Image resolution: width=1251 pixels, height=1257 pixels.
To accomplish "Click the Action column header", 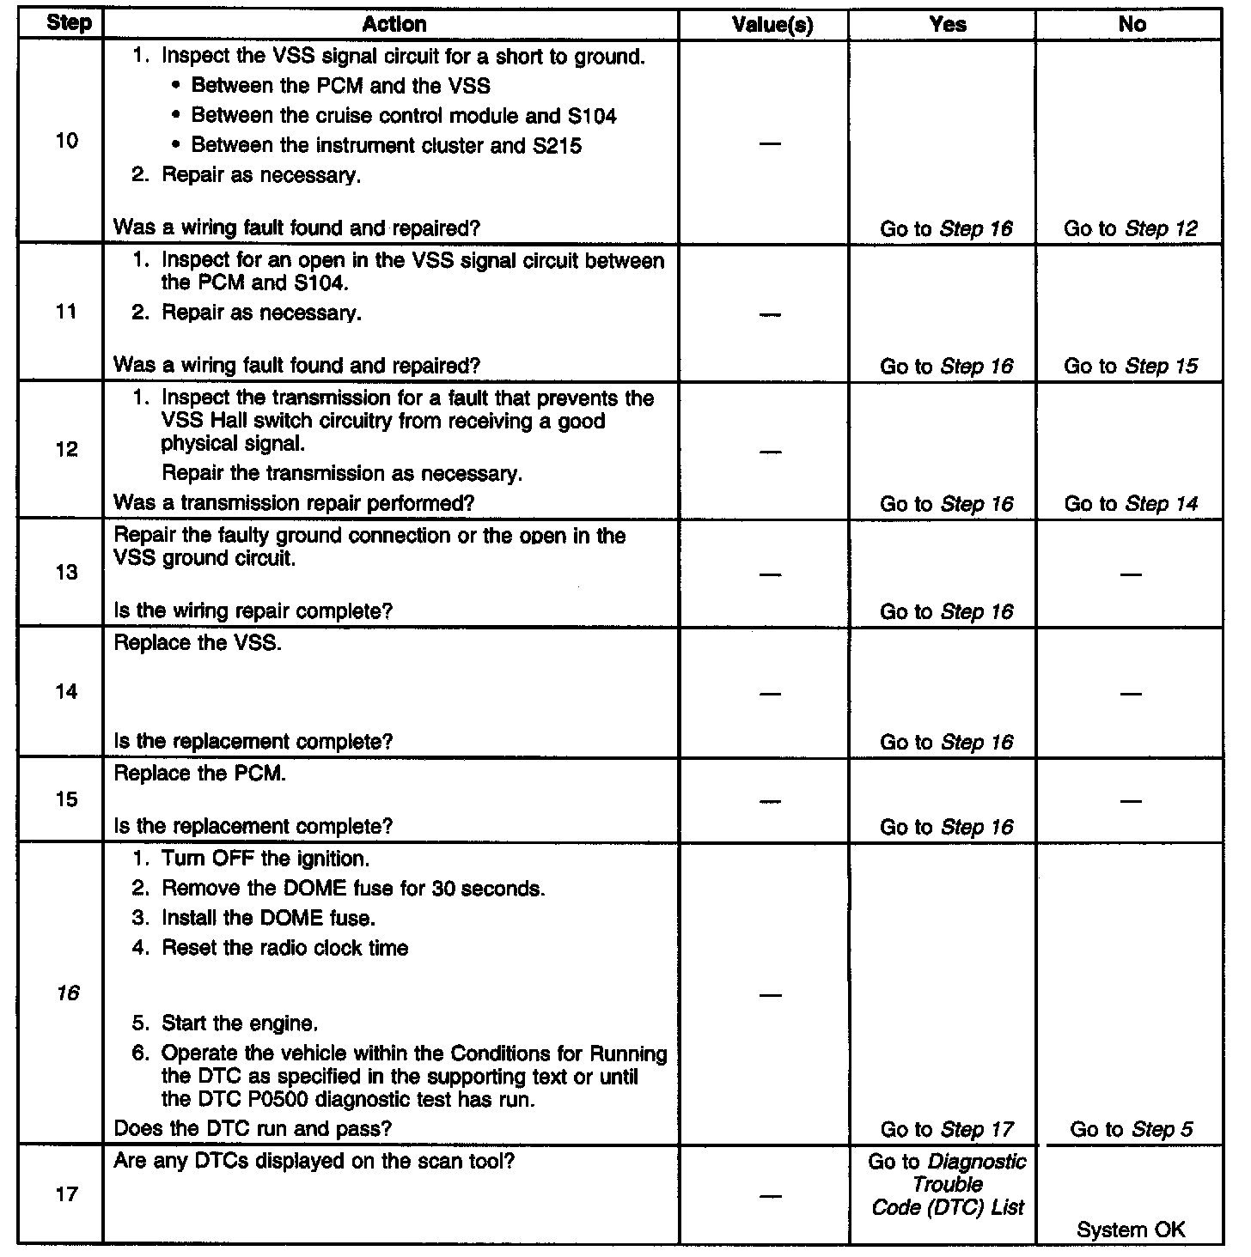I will point(394,24).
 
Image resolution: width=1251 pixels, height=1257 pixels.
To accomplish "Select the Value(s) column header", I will point(772,25).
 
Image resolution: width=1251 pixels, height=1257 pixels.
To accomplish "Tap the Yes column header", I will point(948,25).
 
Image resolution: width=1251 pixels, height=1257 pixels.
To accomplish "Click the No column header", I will point(1132,25).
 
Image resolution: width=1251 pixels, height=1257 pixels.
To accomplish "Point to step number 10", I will point(66,141).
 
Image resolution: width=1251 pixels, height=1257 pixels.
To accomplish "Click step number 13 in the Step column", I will point(66,573).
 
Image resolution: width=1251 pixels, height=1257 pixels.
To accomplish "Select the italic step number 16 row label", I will point(67,993).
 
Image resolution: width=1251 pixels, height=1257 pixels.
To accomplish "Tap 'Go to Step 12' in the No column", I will point(1130,228).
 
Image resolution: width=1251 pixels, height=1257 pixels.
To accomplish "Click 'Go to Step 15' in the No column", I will point(1130,366).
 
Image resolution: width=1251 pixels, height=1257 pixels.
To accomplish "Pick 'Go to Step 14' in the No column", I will point(1130,504).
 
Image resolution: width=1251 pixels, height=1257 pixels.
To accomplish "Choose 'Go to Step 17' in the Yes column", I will point(947,1129).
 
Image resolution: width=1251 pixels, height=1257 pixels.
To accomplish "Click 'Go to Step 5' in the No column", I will point(1131,1129).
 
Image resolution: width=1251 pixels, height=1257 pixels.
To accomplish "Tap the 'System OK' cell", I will point(1130,1230).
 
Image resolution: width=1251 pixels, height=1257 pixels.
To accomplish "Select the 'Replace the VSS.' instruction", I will point(198,643).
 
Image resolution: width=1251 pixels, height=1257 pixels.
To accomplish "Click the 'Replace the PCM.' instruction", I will point(200,773).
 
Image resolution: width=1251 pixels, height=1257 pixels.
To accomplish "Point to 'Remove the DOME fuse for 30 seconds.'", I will point(353,889).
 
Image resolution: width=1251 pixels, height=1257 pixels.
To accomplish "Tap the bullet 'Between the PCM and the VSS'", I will point(340,86).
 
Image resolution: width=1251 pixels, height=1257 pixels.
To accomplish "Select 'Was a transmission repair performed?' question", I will point(294,502).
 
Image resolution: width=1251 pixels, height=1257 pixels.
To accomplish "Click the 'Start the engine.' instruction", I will point(240,1023).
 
